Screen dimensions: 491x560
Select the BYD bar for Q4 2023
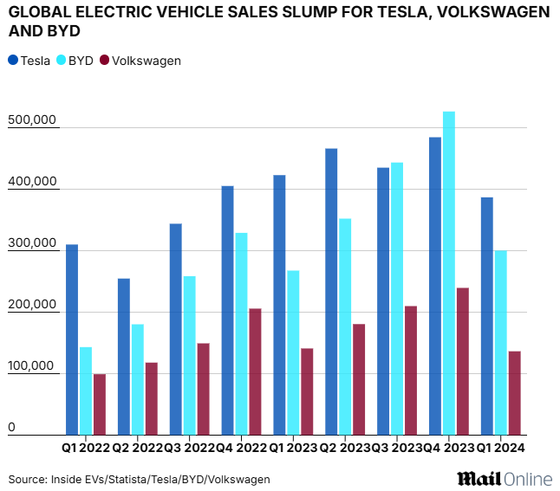coord(449,273)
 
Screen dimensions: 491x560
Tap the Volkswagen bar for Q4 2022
coord(255,371)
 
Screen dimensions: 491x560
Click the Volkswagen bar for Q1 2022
coord(100,404)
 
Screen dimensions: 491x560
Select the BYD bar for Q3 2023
coord(397,299)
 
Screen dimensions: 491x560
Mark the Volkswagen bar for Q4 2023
coord(463,361)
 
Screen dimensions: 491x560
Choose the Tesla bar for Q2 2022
coord(124,357)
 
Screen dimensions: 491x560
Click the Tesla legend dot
coord(13,61)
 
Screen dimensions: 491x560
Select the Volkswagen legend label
coord(147,61)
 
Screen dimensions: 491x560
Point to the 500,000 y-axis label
coord(33,120)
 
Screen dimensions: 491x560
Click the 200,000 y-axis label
coord(33,305)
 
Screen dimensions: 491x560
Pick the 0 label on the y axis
coord(12,428)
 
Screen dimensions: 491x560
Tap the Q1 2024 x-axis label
coord(502,448)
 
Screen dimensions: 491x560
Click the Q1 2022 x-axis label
coord(85,448)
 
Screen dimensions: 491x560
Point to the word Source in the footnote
coord(27,479)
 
